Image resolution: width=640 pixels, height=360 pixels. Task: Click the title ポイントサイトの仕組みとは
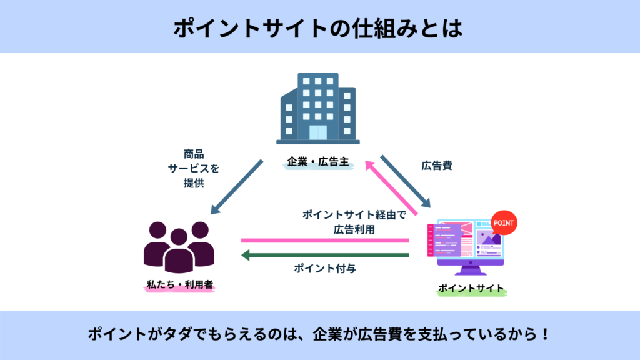[318, 28]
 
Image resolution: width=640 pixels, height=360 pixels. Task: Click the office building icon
[318, 108]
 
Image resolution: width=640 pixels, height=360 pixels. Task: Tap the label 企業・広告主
[318, 162]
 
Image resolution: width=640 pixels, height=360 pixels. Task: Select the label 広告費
[436, 165]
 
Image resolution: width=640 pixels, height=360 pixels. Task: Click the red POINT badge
[504, 223]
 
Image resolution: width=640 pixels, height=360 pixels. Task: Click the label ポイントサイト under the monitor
[471, 289]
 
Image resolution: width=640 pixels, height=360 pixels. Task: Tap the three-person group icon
[179, 247]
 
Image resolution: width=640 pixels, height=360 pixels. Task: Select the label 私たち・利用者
[179, 284]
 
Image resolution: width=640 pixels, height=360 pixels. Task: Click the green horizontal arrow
[325, 256]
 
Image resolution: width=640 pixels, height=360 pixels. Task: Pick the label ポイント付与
[325, 268]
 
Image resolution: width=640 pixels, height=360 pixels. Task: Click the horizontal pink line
[325, 241]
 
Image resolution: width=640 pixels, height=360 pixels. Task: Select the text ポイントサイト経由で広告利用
[354, 222]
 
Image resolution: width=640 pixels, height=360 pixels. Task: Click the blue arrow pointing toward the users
[236, 187]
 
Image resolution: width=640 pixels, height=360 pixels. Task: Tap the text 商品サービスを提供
[194, 168]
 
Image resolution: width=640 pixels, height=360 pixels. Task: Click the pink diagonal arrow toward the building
[391, 187]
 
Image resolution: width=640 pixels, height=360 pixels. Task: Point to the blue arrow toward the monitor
[406, 182]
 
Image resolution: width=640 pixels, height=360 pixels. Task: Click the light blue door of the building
[318, 132]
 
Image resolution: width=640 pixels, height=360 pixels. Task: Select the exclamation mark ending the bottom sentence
[545, 334]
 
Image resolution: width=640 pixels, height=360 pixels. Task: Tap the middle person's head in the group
[179, 237]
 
